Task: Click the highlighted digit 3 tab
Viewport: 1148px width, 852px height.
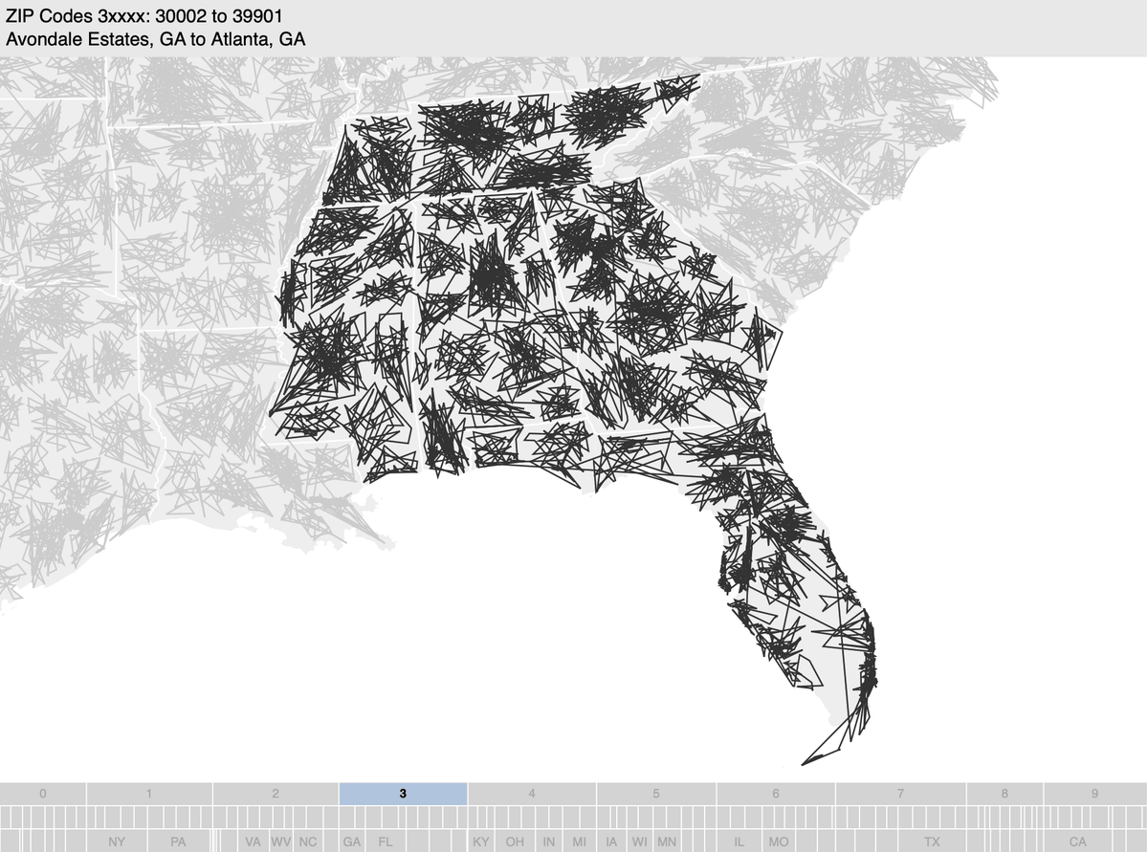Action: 403,794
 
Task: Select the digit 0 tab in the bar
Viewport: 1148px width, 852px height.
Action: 43,794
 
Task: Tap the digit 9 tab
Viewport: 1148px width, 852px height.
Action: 1094,794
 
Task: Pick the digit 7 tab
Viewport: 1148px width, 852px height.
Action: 900,794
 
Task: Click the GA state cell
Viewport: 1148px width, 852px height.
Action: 352,841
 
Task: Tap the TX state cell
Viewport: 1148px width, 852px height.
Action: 932,841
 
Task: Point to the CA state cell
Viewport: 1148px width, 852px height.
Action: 1078,841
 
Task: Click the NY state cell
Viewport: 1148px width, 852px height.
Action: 116,841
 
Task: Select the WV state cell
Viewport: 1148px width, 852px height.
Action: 281,841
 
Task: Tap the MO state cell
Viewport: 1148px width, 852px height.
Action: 779,841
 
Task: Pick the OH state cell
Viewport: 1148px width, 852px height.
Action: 515,841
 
